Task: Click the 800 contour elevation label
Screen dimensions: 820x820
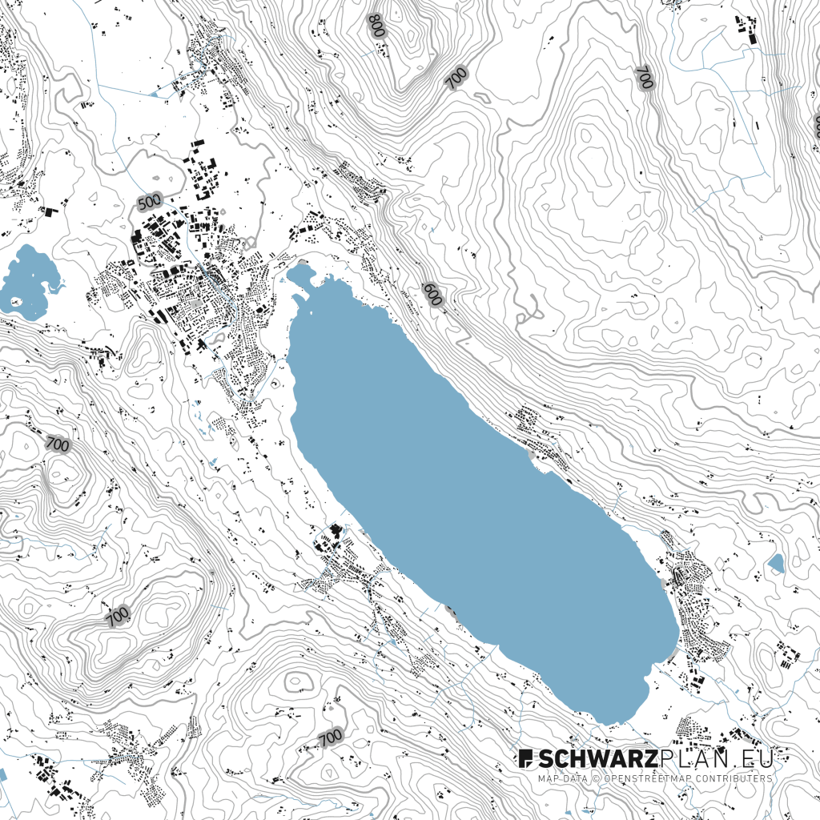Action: tap(376, 26)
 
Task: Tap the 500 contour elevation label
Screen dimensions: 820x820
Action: tap(149, 202)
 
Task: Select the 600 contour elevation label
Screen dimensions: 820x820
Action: tap(432, 294)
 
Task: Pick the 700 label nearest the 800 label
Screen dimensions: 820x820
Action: tap(456, 78)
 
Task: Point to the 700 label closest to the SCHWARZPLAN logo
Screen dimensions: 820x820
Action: tap(330, 737)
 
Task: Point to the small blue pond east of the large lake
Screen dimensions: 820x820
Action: tap(775, 564)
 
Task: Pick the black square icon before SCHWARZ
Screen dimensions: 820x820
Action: tap(525, 758)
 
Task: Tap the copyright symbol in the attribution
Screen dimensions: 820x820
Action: tap(595, 778)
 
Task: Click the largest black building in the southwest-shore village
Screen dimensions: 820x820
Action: tap(336, 530)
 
